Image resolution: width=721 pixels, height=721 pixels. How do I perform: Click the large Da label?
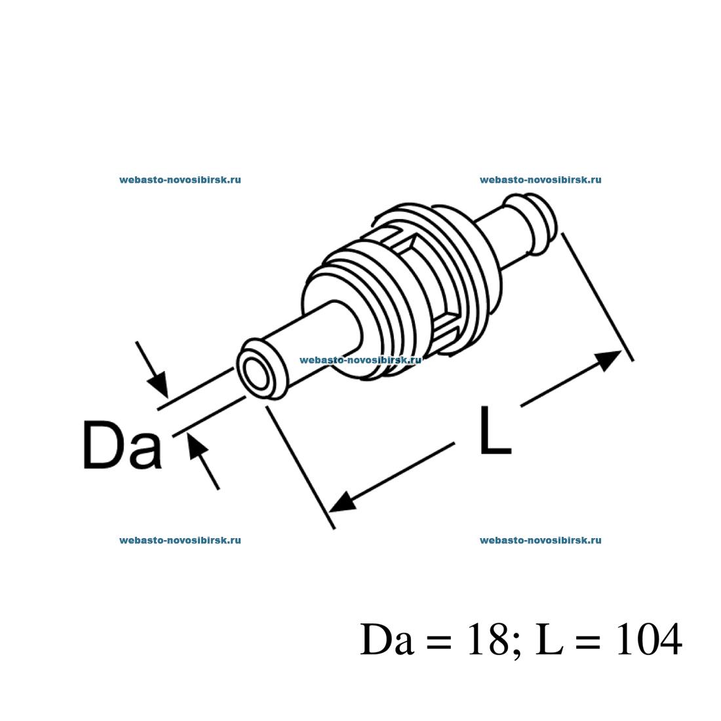[x=122, y=446]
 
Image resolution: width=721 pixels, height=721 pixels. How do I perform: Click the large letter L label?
[x=494, y=431]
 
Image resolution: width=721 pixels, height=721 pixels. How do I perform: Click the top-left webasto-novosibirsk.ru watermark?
[x=180, y=180]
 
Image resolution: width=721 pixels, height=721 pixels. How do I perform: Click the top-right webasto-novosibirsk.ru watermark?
[x=541, y=180]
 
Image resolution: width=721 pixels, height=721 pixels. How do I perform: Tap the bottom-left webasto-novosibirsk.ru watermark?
[x=180, y=541]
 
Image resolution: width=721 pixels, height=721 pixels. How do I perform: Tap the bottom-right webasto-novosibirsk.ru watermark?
[x=541, y=541]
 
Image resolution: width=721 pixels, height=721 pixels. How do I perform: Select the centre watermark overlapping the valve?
[x=360, y=360]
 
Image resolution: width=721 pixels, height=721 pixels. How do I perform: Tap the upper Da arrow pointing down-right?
[x=157, y=384]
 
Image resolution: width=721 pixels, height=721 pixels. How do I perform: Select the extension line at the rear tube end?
[x=596, y=295]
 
